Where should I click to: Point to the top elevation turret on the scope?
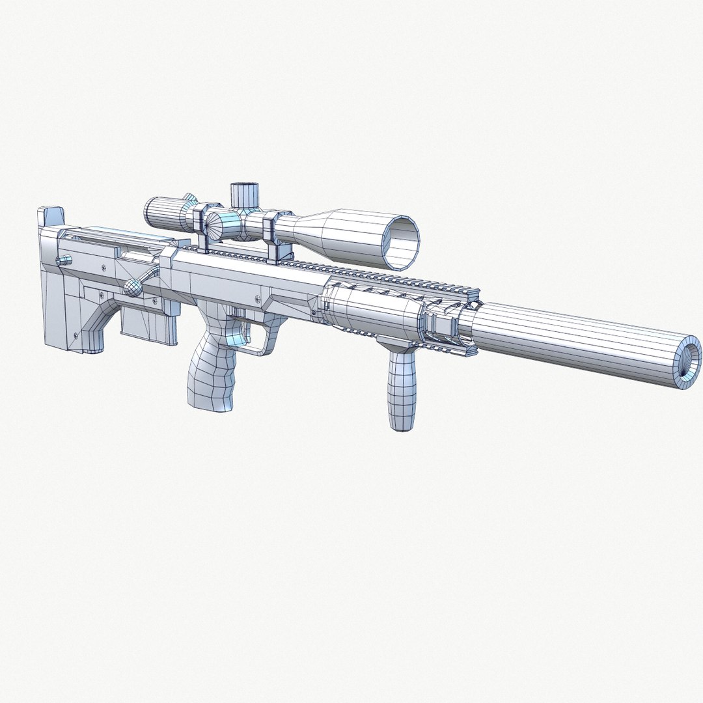coord(244,193)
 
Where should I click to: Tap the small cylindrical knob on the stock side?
coord(64,260)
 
